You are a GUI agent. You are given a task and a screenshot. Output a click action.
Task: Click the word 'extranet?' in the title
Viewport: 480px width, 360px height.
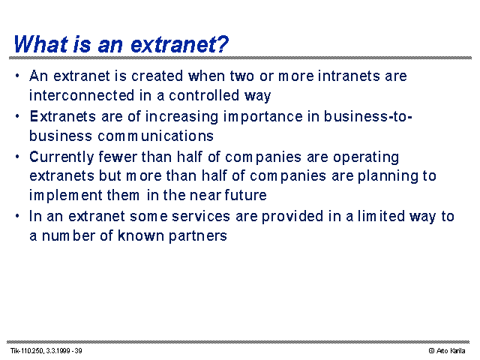pos(180,44)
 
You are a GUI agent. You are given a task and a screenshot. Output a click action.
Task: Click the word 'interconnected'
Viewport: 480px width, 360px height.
pos(82,95)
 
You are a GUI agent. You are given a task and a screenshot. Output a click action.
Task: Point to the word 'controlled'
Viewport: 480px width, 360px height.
pos(204,95)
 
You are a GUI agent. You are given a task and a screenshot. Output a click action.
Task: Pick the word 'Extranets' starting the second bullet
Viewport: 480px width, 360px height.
pos(62,116)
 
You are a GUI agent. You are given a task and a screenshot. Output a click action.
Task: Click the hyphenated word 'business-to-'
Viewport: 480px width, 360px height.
pos(368,116)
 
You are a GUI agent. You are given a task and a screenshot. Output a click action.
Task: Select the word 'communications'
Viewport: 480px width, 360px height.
pos(155,136)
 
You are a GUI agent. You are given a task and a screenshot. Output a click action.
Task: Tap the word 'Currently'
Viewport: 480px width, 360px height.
pos(61,157)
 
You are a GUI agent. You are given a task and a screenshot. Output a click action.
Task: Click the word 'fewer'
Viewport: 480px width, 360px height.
pos(118,157)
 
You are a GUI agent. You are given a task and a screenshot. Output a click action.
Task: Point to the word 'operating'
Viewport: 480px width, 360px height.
pos(366,157)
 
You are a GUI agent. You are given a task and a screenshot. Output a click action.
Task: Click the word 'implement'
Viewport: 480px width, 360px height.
pos(66,196)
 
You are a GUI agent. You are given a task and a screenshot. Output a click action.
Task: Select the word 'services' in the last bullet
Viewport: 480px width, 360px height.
pos(201,216)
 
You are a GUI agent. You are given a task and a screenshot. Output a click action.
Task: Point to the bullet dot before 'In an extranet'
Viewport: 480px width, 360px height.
pos(17,217)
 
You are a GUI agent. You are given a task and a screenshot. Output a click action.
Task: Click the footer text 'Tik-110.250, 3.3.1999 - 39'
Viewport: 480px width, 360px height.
pos(46,351)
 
